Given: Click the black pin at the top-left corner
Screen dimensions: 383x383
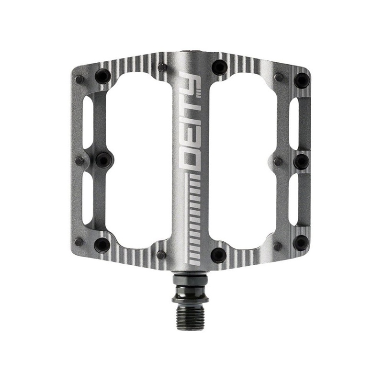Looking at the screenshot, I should pyautogui.click(x=102, y=76).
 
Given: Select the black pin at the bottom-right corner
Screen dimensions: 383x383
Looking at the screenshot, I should pyautogui.click(x=301, y=242).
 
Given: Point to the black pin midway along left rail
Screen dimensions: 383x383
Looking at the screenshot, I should pyautogui.click(x=102, y=160).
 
